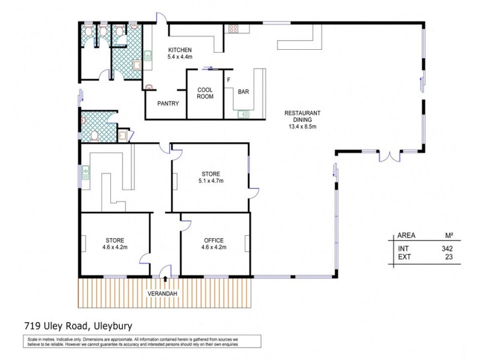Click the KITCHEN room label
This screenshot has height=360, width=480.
[179, 50]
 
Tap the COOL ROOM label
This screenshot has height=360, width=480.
[205, 94]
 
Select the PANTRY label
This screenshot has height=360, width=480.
[168, 103]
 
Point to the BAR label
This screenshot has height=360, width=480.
[243, 92]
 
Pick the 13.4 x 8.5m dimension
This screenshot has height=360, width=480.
[302, 127]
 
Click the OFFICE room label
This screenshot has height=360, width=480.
[214, 240]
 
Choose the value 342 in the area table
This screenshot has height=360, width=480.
[446, 248]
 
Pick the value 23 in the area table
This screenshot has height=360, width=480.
[448, 256]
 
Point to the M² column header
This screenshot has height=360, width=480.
[447, 236]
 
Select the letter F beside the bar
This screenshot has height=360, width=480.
[228, 79]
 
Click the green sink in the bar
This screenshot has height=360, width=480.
[243, 113]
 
